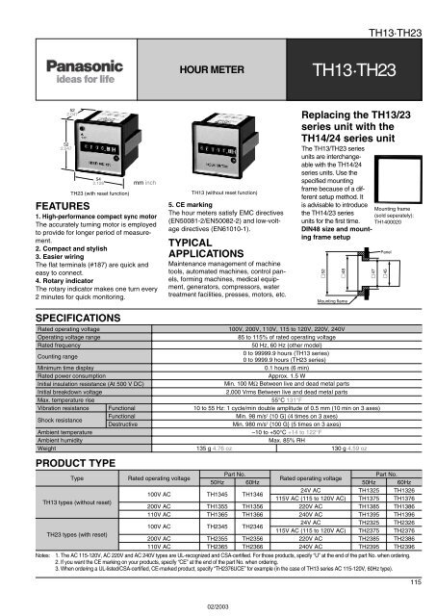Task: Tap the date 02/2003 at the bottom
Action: coord(218,605)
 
